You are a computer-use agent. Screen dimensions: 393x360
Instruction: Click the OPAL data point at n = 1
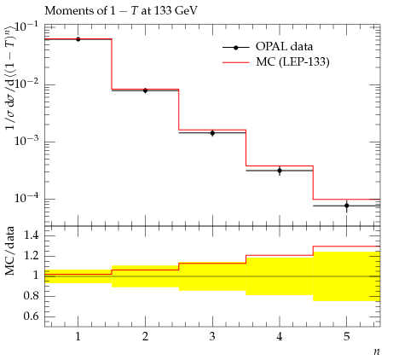point(78,39)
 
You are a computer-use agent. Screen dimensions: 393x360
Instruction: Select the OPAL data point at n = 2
point(145,90)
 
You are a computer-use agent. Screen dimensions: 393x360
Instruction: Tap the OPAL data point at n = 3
point(212,133)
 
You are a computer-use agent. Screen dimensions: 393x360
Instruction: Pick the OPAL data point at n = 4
point(280,171)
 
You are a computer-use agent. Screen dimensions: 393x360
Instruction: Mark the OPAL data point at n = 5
point(347,206)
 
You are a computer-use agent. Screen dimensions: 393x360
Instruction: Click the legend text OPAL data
point(284,46)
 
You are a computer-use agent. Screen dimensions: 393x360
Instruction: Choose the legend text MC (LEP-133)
point(292,61)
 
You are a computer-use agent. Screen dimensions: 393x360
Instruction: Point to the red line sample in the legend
point(236,62)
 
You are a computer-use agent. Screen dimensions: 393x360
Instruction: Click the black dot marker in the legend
point(236,48)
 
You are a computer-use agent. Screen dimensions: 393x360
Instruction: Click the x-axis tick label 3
point(212,337)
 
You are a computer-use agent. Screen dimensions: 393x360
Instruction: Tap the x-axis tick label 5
point(347,337)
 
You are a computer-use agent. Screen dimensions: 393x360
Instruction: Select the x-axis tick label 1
point(78,337)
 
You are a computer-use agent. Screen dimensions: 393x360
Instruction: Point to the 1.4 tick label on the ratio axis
point(32,235)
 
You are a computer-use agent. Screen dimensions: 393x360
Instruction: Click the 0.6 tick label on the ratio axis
point(32,316)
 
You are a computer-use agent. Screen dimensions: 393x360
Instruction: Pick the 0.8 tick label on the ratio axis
point(32,296)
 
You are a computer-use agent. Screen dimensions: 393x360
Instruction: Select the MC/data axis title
point(9,251)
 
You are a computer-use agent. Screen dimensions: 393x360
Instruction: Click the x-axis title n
point(377,351)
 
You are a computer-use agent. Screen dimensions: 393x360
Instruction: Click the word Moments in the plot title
point(73,10)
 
